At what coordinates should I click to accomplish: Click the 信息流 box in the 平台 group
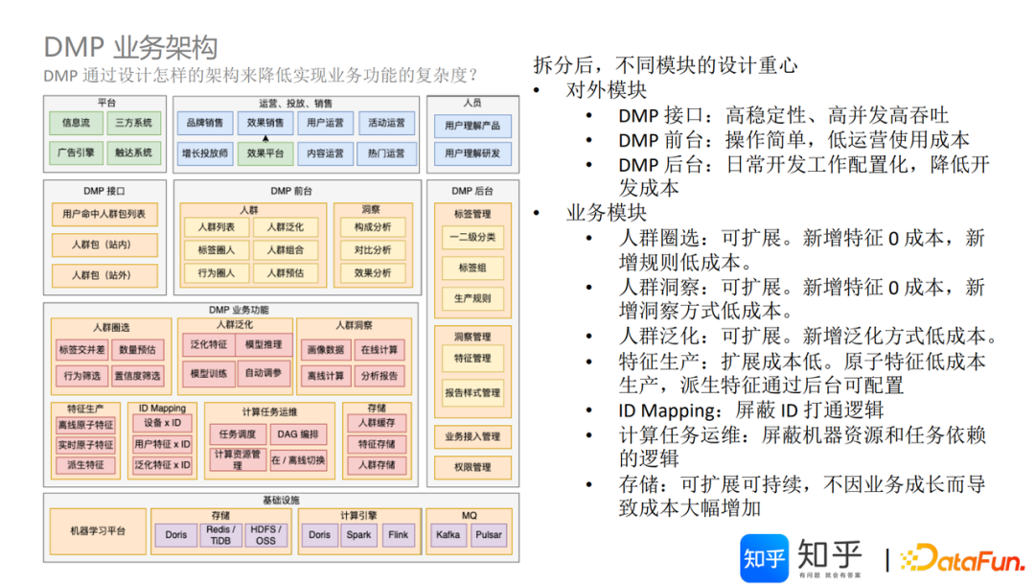pyautogui.click(x=76, y=124)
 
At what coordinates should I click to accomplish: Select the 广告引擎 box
pyautogui.click(x=76, y=152)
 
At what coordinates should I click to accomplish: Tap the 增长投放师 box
pyautogui.click(x=205, y=152)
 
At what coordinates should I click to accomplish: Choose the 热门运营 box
pyautogui.click(x=386, y=152)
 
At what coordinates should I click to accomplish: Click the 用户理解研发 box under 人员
pyautogui.click(x=472, y=152)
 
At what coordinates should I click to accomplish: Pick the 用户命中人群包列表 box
pyautogui.click(x=103, y=214)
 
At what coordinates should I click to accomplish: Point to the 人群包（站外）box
pyautogui.click(x=103, y=275)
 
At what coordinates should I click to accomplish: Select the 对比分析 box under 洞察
pyautogui.click(x=373, y=250)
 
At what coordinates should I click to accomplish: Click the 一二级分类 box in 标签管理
pyautogui.click(x=472, y=237)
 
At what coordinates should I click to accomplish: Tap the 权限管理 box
pyautogui.click(x=472, y=467)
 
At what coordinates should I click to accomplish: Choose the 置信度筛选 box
pyautogui.click(x=137, y=375)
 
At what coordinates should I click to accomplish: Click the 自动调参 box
pyautogui.click(x=264, y=373)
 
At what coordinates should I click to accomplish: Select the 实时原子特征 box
pyautogui.click(x=85, y=445)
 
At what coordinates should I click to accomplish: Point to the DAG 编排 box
pyautogui.click(x=297, y=434)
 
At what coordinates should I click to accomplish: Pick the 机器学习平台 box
pyautogui.click(x=98, y=531)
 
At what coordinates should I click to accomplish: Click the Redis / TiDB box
pyautogui.click(x=221, y=534)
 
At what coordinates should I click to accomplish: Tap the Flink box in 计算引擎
pyautogui.click(x=397, y=534)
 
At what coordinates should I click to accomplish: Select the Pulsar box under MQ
pyautogui.click(x=489, y=534)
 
